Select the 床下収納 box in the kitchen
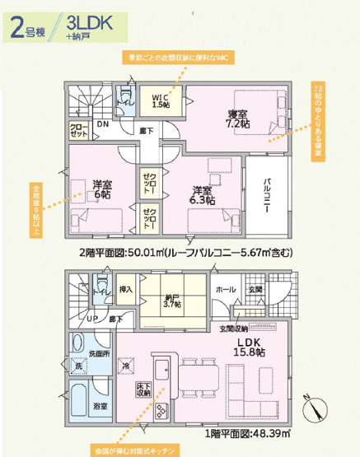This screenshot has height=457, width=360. [143, 389]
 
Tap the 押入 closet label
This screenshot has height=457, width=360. [125, 290]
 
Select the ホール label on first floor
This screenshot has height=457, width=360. [223, 290]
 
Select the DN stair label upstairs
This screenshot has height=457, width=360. [102, 124]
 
